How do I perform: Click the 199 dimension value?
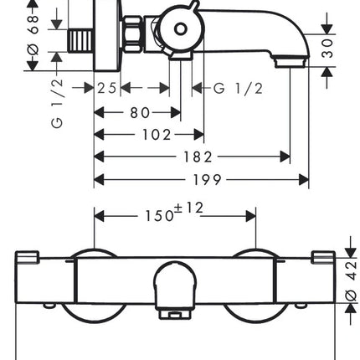pyautogui.click(x=208, y=180)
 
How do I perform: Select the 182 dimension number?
pyautogui.click(x=198, y=157)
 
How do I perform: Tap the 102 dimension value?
pyautogui.click(x=157, y=135)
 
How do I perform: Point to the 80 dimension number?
pyautogui.click(x=140, y=113)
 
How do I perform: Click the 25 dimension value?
pyautogui.click(x=106, y=88)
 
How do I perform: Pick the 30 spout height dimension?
pyautogui.click(x=327, y=49)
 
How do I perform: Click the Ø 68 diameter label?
pyautogui.click(x=33, y=35)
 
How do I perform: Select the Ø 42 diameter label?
pyautogui.click(x=352, y=280)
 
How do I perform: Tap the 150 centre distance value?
pyautogui.click(x=159, y=216)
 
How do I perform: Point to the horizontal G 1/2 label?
pyautogui.click(x=238, y=89)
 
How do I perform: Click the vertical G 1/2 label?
pyautogui.click(x=57, y=104)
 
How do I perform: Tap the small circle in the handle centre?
pyautogui.click(x=181, y=29)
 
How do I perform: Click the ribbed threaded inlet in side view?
pyautogui.click(x=80, y=41)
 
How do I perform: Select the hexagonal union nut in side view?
pyautogui.click(x=133, y=33)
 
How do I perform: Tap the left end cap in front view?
pyautogui.click(x=27, y=258)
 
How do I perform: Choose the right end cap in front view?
pyautogui.click(x=323, y=258)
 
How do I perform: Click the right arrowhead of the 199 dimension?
pyautogui.click(x=304, y=180)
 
